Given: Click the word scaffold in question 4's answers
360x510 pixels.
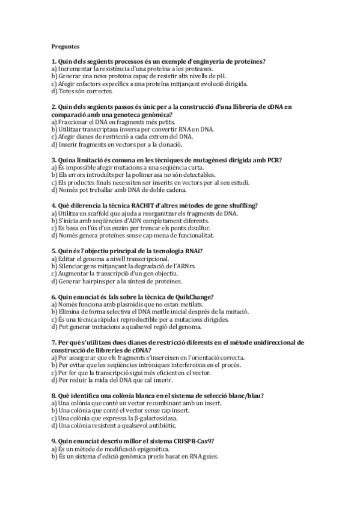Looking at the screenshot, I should [100, 213].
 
